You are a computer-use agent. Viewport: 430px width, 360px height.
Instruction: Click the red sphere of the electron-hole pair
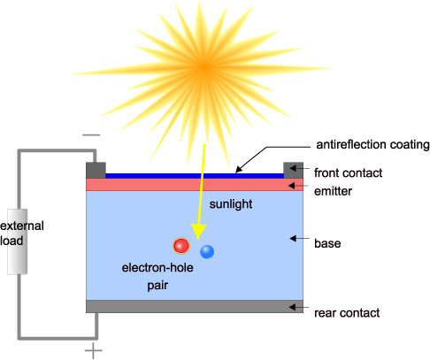click(x=181, y=245)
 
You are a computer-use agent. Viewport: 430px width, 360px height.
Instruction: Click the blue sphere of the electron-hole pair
click(x=207, y=251)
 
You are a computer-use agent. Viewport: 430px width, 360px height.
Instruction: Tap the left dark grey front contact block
click(x=96, y=170)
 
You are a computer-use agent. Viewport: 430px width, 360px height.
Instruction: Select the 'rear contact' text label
click(x=347, y=312)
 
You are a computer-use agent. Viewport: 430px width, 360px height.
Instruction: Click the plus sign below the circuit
click(x=91, y=351)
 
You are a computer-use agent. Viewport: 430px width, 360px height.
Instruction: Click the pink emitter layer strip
click(x=195, y=185)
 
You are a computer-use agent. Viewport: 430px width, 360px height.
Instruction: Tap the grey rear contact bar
click(x=195, y=306)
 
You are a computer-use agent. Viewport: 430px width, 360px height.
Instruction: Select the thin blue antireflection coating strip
click(x=195, y=176)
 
